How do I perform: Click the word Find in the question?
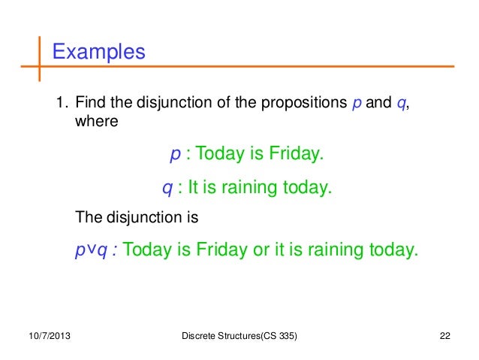[x=89, y=103]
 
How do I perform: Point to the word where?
[x=96, y=121]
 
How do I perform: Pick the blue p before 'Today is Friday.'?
[x=175, y=156]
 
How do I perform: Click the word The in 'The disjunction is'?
[x=87, y=219]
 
